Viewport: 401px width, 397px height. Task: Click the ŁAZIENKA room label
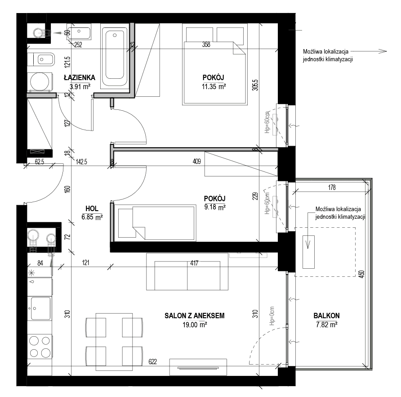tap(79, 77)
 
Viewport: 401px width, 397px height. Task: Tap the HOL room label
tap(92, 208)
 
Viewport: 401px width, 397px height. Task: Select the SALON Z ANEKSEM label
tap(194, 316)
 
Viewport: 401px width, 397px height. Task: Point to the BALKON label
tap(326, 316)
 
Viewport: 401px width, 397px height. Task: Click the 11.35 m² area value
tap(214, 86)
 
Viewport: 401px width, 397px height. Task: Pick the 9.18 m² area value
tap(215, 207)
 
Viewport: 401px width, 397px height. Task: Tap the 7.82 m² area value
tap(326, 325)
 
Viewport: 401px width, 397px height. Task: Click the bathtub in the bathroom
tap(115, 56)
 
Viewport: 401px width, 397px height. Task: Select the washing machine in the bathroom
tap(40, 82)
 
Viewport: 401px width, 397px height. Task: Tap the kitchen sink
tap(40, 308)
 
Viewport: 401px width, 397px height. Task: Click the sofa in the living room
tap(187, 272)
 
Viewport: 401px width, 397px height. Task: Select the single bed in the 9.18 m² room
tap(155, 222)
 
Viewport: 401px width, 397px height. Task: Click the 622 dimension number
tap(152, 361)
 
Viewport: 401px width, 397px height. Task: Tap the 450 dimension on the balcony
tap(361, 274)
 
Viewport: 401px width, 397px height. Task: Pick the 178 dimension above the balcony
tap(332, 188)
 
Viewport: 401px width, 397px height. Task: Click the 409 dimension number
tap(196, 161)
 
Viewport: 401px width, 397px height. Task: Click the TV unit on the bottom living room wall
tap(198, 367)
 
